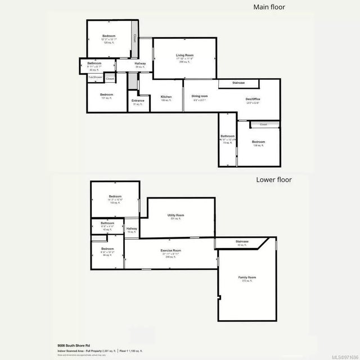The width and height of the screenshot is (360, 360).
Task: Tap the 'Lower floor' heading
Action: click(x=274, y=180)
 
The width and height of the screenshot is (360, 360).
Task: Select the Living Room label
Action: click(x=184, y=55)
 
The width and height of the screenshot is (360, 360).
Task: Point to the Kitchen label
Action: click(x=166, y=97)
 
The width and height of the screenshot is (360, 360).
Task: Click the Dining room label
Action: click(x=200, y=96)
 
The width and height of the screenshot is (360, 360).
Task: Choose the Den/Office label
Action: click(x=253, y=100)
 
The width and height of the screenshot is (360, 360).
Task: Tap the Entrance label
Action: click(x=138, y=101)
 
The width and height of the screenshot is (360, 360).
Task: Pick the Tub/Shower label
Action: click(x=95, y=77)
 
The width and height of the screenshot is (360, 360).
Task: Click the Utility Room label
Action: click(x=176, y=215)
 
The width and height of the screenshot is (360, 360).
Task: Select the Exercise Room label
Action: click(x=170, y=250)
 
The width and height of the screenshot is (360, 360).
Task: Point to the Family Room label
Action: click(x=247, y=277)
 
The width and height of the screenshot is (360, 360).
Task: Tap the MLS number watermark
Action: click(x=343, y=355)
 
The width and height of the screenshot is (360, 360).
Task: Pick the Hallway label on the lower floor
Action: click(x=132, y=228)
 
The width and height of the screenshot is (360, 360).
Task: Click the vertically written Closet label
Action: click(x=134, y=38)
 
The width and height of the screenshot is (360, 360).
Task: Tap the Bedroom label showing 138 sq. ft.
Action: click(x=258, y=142)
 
